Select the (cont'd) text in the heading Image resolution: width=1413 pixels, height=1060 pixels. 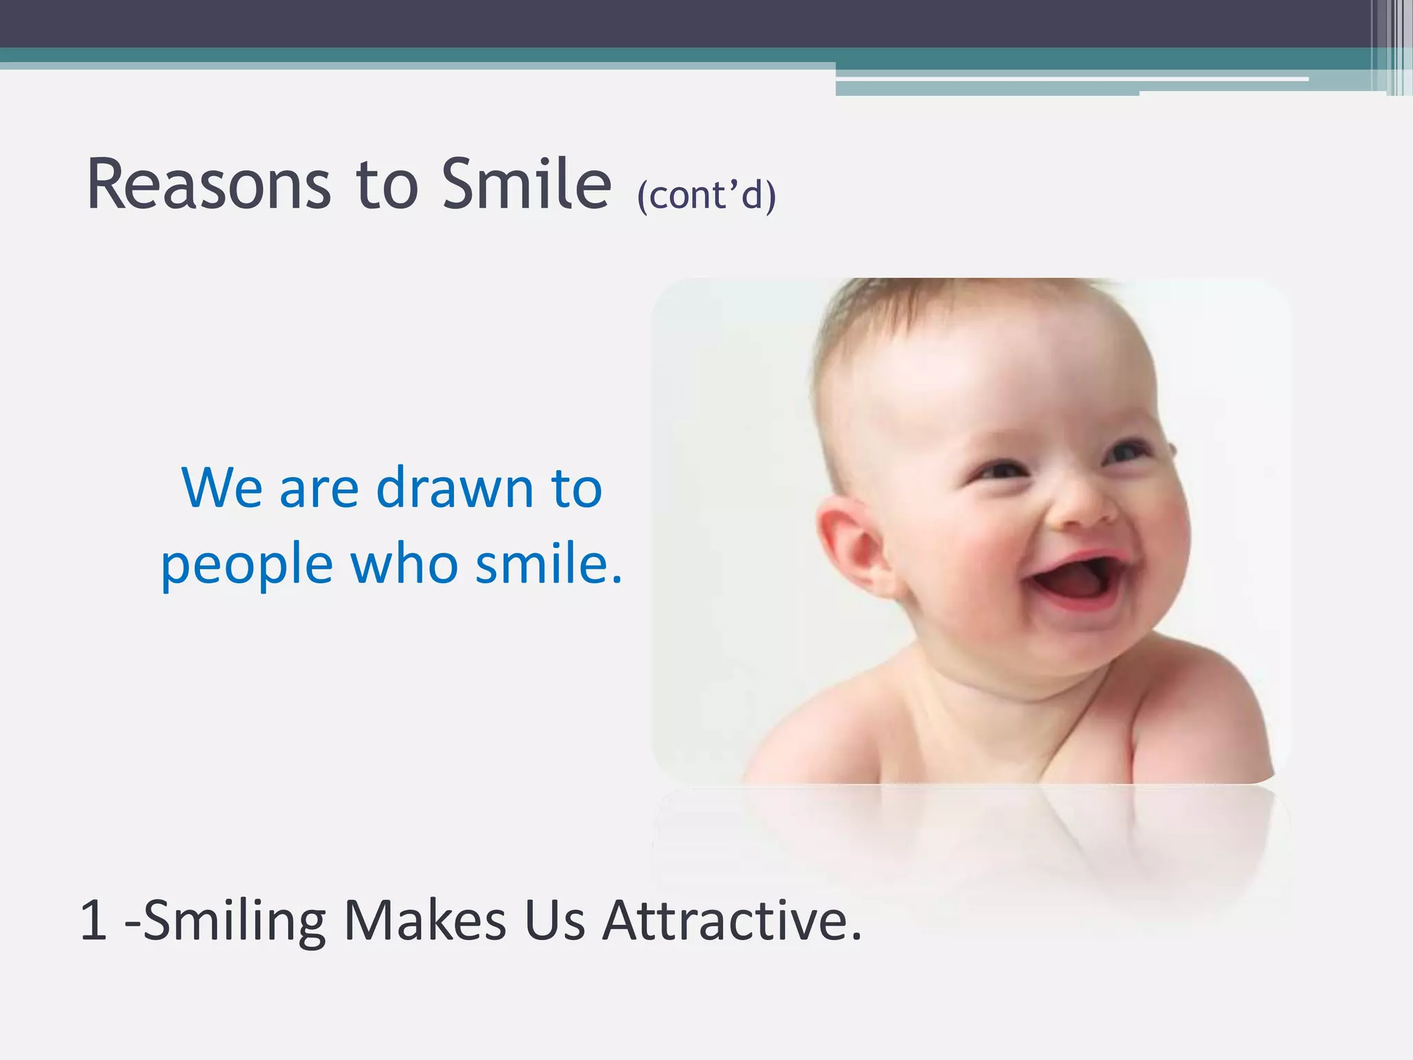coord(706,195)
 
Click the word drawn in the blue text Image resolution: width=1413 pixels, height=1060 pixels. coord(455,488)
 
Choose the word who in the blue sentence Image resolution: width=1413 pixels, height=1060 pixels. coord(404,563)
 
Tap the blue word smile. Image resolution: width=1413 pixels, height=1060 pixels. coord(549,563)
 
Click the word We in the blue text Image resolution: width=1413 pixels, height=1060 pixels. coord(221,488)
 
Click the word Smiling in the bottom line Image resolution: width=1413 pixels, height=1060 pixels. coord(234,922)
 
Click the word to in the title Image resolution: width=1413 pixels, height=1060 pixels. coord(386,185)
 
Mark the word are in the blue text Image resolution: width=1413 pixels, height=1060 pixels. coord(319,489)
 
